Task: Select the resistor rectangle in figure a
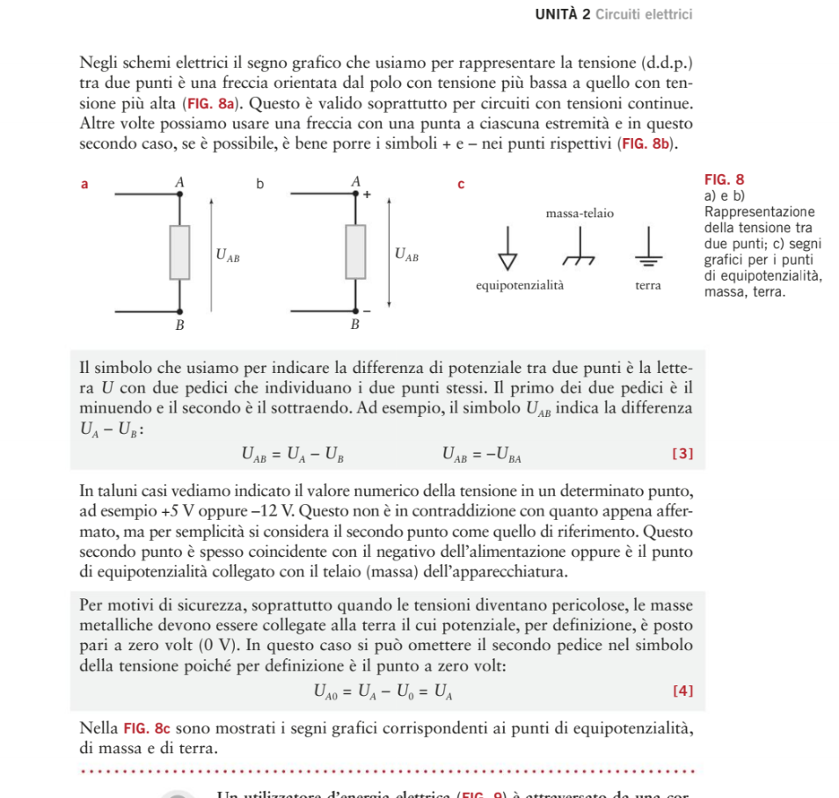click(180, 252)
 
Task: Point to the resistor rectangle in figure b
click(355, 252)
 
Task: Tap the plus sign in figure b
click(367, 193)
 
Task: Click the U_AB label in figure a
click(227, 256)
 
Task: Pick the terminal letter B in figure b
click(355, 325)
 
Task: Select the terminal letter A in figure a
click(179, 180)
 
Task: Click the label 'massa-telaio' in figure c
click(580, 214)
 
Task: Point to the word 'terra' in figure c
click(648, 286)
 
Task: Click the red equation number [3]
click(682, 454)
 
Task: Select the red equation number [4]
click(682, 691)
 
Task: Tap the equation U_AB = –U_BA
click(483, 454)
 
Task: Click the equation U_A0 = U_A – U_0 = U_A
click(383, 692)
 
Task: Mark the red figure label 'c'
click(460, 185)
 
